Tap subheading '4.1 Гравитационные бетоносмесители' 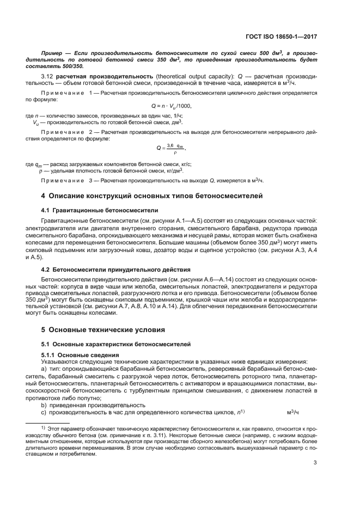point(100,210)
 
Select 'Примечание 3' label point(68,180)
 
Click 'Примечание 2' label point(68,131)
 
